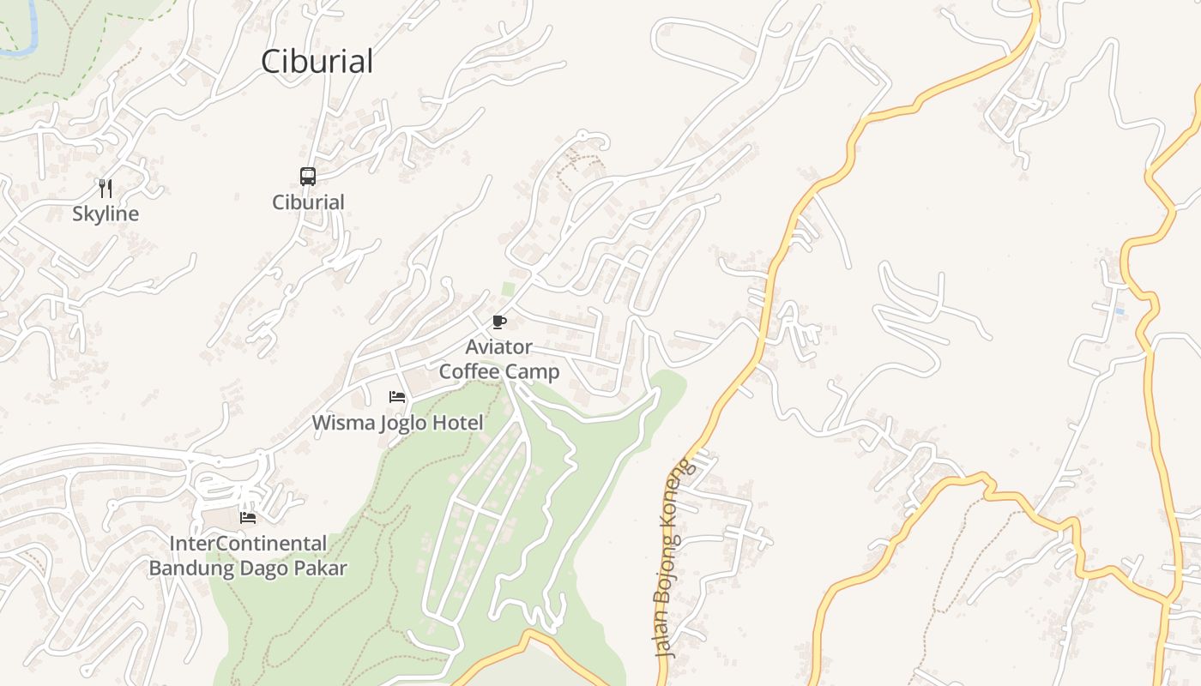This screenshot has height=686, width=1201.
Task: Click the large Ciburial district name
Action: (x=317, y=62)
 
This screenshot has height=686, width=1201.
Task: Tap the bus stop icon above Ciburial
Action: (x=308, y=177)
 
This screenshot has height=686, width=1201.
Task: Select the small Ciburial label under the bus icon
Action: (x=308, y=202)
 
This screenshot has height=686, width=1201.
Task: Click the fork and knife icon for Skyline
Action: (x=106, y=188)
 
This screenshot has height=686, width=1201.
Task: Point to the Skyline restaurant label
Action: (x=106, y=214)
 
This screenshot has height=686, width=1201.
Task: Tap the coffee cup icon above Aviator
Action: (x=499, y=322)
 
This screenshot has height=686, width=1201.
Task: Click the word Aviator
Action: (x=498, y=347)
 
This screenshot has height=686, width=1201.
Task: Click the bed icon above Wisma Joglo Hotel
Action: (x=397, y=397)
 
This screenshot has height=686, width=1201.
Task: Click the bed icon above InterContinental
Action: (x=248, y=517)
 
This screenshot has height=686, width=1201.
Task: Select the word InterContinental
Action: (x=248, y=544)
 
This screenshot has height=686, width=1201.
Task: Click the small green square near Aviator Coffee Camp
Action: (x=509, y=289)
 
